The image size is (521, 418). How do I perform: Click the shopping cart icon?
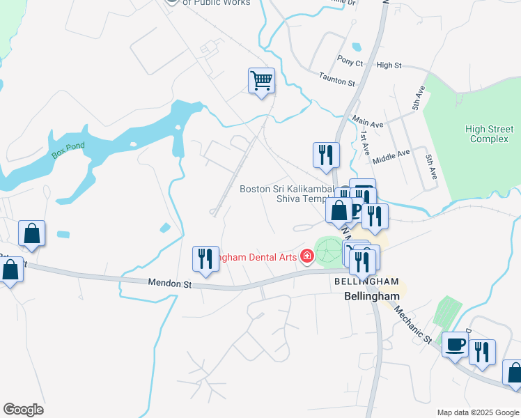click(261, 81)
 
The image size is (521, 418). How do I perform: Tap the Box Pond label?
click(68, 147)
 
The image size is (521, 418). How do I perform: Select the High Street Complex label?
click(488, 134)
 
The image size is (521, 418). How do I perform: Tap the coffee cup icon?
click(456, 344)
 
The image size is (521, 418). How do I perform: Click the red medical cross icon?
click(306, 257)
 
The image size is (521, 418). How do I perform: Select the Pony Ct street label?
click(350, 63)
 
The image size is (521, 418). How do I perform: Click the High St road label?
click(389, 65)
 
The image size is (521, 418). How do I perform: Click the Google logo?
click(23, 410)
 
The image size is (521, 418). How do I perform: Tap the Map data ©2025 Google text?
click(477, 412)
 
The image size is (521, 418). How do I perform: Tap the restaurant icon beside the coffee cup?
click(482, 353)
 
